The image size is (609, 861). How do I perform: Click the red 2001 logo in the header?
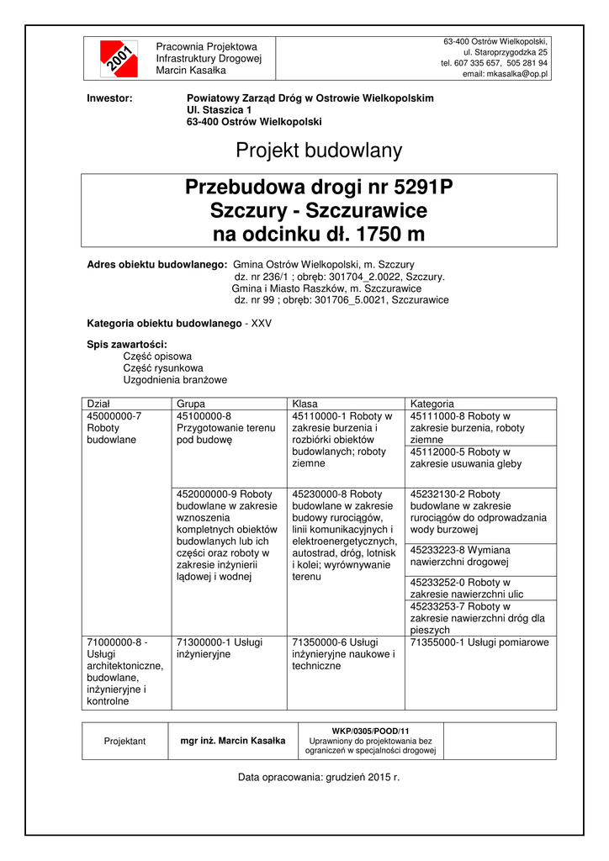pos(118,58)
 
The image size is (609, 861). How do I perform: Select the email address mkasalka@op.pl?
pos(506,74)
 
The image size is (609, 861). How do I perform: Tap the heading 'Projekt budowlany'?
pos(319,151)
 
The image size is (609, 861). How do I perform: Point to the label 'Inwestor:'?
pos(110,98)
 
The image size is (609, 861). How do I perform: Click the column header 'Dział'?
pos(99,404)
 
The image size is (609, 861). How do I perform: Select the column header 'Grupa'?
pos(191,404)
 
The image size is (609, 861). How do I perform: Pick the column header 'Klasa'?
pos(304,404)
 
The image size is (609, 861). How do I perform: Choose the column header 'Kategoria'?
pos(432,404)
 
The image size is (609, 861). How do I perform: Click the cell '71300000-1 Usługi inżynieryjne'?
pos(220,647)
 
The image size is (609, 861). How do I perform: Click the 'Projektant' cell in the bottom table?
pos(124,741)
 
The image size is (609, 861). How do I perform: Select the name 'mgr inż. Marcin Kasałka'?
pos(233,741)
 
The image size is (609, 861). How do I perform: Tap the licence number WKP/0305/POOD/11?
pos(370,731)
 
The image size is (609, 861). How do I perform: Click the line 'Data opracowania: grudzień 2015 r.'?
pos(319,778)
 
